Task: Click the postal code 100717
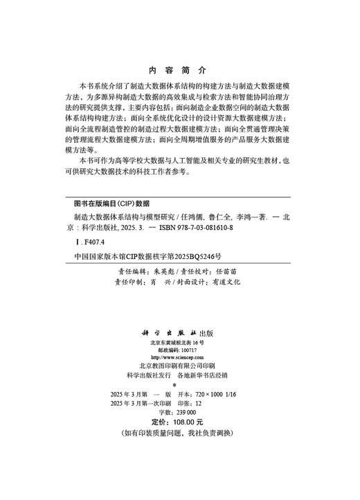click(187, 351)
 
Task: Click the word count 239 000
click(188, 411)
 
